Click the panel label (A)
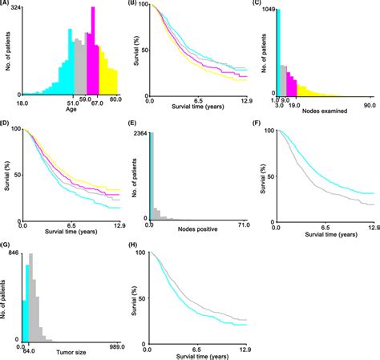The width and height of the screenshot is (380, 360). [x=8, y=5]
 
